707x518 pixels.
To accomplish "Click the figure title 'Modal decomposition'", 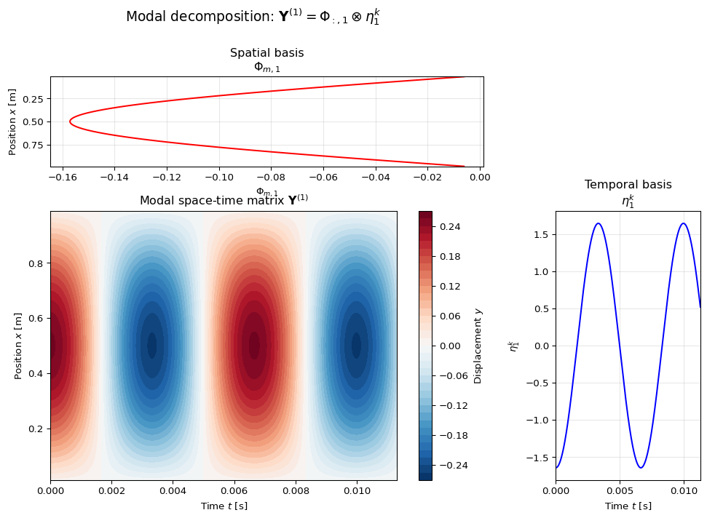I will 253,17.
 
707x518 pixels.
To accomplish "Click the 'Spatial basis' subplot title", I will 266,53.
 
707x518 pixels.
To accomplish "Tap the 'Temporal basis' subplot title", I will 628,185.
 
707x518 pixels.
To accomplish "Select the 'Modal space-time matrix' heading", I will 224,200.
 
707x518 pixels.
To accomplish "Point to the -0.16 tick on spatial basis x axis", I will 63,176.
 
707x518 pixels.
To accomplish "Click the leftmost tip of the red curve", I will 70,121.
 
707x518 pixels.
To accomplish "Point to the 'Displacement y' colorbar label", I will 478,346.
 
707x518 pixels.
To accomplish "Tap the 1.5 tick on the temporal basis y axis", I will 541,234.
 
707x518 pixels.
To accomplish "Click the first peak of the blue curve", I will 599,223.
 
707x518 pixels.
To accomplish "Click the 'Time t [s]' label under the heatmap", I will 224,506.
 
